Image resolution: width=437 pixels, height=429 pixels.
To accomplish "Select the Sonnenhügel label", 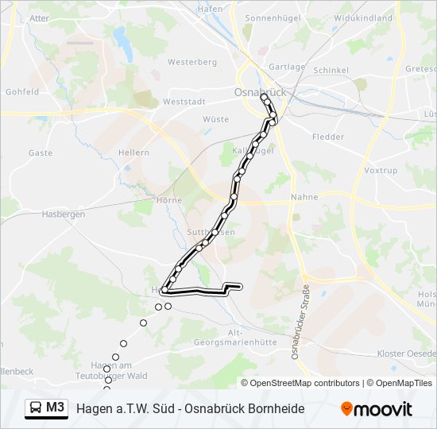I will pyautogui.click(x=269, y=17).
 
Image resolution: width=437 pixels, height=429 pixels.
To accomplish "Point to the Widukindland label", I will pyautogui.click(x=363, y=17).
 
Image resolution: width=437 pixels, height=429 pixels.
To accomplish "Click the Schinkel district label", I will pyautogui.click(x=331, y=70).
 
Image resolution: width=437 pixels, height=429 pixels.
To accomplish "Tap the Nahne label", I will pyautogui.click(x=304, y=197).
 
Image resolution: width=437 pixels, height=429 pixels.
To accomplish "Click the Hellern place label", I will pyautogui.click(x=133, y=153).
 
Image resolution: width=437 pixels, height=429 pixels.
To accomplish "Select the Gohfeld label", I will pyautogui.click(x=22, y=92).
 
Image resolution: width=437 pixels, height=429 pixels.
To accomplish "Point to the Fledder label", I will pyautogui.click(x=328, y=137).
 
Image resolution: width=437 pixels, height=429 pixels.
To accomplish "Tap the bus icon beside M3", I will pyautogui.click(x=36, y=408).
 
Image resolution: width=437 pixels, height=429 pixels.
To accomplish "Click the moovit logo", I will pyautogui.click(x=377, y=409).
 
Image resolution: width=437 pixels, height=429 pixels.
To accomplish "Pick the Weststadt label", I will pyautogui.click(x=184, y=102).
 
